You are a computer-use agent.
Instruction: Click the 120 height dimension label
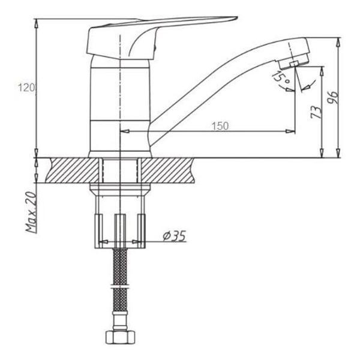(x=26, y=88)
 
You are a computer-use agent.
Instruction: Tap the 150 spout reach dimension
(x=220, y=126)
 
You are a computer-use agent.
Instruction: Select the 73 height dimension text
(x=316, y=112)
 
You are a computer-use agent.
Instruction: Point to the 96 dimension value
(x=332, y=98)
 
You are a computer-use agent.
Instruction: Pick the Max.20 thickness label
(x=31, y=212)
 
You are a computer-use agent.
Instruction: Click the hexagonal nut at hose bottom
(x=120, y=337)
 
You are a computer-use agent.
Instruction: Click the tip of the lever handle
(x=237, y=17)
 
